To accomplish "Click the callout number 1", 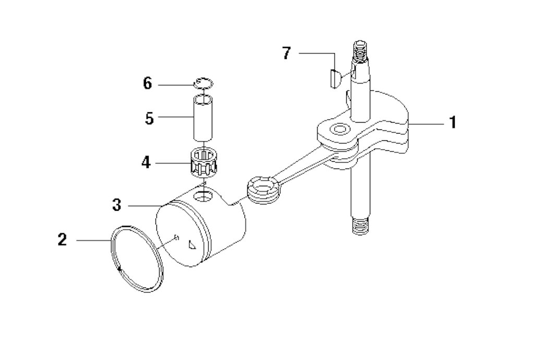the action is pyautogui.click(x=453, y=123).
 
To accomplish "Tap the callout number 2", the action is pyautogui.click(x=63, y=239).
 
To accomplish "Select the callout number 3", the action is pyautogui.click(x=117, y=206).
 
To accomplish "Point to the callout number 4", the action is pyautogui.click(x=146, y=162).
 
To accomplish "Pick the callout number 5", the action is pyautogui.click(x=149, y=118).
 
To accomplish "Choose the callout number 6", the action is pyautogui.click(x=148, y=83).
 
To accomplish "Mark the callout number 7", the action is pyautogui.click(x=287, y=53).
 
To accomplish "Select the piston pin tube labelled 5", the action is pyautogui.click(x=203, y=118).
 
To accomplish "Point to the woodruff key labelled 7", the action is pyautogui.click(x=334, y=78).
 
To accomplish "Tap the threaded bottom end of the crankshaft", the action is pyautogui.click(x=360, y=226).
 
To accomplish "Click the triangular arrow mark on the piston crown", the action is pyautogui.click(x=192, y=245).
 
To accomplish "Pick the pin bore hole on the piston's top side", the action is pyautogui.click(x=203, y=196).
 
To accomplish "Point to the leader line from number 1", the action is pyautogui.click(x=426, y=124).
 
